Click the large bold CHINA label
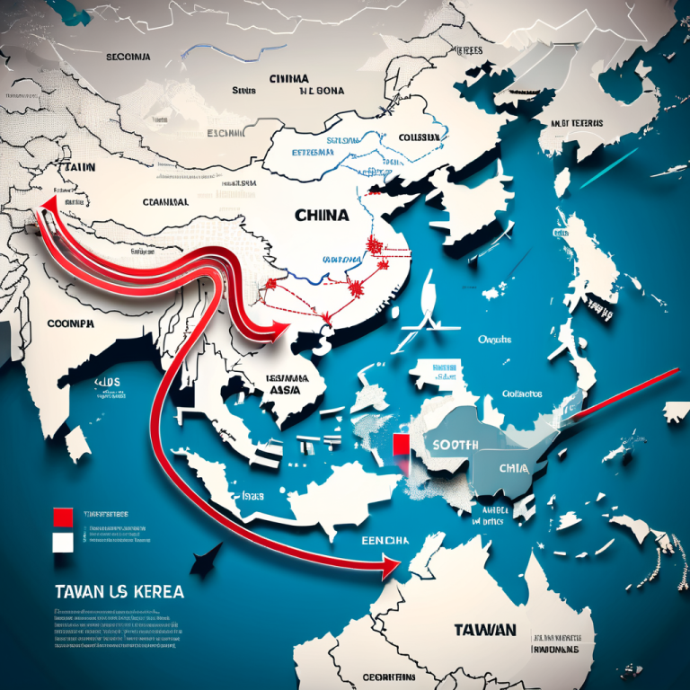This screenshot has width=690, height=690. coord(321,217)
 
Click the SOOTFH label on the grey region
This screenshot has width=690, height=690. coord(455,445)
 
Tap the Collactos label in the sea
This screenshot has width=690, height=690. coord(522,393)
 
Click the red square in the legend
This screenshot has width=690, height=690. coord(63,517)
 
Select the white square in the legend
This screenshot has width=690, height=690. coord(63,542)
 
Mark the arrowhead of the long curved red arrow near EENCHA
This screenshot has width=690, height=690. coord(390,567)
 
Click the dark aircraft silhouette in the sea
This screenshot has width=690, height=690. coord(203,562)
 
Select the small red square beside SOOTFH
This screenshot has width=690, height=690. coord(401,446)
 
